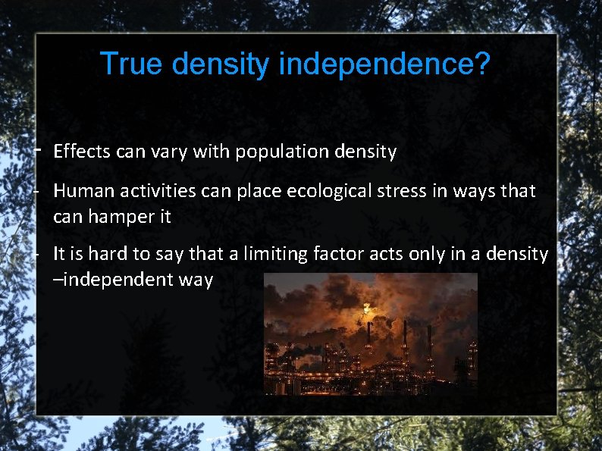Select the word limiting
[265, 254]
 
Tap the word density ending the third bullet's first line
[519, 254]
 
